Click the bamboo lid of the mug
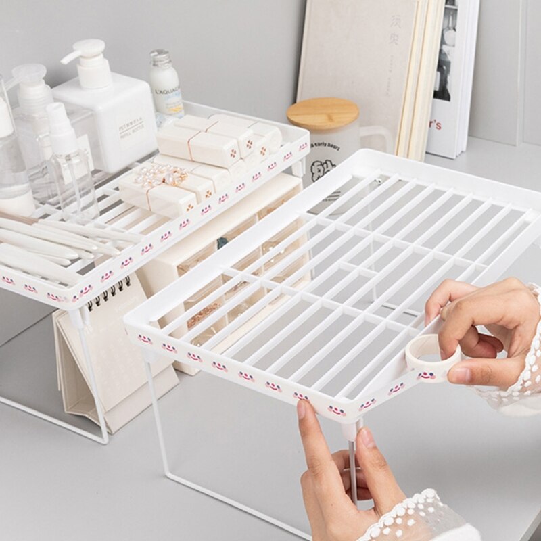[x=323, y=113]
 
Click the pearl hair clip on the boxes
[x=160, y=177]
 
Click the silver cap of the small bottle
[x=161, y=58]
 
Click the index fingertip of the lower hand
[x=301, y=409]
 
